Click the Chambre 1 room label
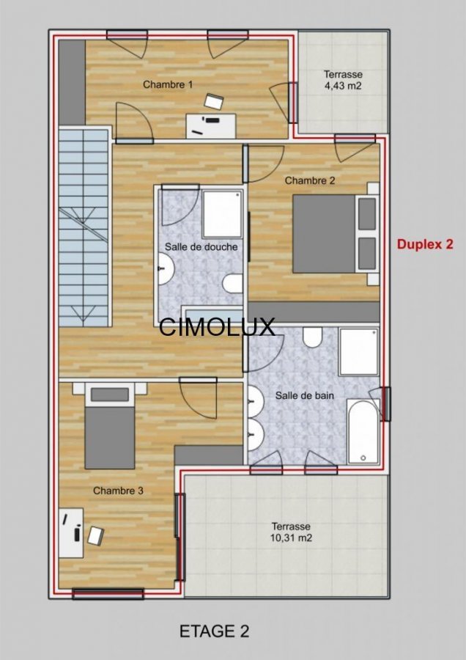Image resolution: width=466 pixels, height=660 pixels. point(168,84)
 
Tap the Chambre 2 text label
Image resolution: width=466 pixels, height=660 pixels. point(310,180)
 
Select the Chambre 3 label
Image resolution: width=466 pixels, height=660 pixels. point(118,491)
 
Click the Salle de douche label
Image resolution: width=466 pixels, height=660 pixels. point(201,246)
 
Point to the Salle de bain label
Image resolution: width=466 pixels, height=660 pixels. point(305,396)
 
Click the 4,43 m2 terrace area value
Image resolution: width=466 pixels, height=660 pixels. point(343,86)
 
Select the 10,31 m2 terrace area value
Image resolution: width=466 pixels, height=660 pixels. point(291,538)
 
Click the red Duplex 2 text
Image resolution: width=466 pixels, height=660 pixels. point(425,244)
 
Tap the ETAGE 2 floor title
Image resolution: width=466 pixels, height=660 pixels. point(214,631)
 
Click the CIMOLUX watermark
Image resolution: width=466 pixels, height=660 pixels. point(217,326)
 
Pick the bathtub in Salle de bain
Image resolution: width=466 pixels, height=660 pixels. point(363,431)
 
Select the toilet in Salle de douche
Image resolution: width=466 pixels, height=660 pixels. point(232,283)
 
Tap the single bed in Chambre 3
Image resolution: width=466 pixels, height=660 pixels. point(110,427)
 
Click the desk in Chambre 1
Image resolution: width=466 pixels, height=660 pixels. point(211,126)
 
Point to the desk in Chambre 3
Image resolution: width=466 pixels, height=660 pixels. point(71,533)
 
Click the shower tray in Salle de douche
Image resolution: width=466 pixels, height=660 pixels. point(223,214)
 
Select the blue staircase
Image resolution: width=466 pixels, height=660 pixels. point(84,228)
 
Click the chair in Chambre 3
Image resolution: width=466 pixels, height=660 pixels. point(96,536)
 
